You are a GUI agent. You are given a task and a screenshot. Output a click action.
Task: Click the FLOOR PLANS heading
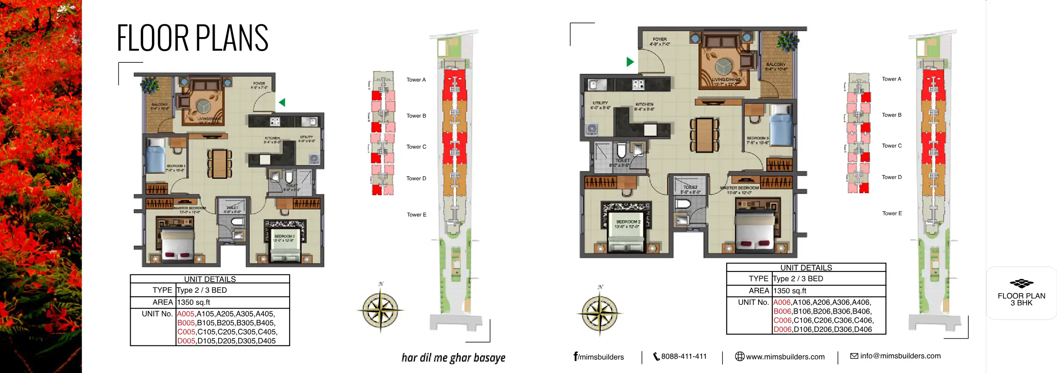[x=192, y=38]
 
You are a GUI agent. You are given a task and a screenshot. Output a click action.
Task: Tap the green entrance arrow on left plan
[x=282, y=102]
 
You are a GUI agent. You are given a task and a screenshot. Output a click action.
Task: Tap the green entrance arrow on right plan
[x=630, y=62]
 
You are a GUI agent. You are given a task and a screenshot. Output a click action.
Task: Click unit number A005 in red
[x=186, y=314]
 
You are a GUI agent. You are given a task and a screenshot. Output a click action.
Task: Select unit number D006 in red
[x=782, y=329]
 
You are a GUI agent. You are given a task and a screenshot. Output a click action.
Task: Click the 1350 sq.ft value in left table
[x=193, y=302]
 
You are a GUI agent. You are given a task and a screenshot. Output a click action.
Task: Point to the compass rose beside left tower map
[x=380, y=310]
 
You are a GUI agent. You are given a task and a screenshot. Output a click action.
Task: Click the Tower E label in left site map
[x=417, y=215]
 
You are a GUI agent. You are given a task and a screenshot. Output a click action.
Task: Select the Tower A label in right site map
[x=891, y=79]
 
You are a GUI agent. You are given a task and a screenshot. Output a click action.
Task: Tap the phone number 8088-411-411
[x=683, y=356]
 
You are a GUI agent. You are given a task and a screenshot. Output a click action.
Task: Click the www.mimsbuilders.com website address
[x=785, y=357]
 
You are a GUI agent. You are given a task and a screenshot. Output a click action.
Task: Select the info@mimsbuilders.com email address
[x=900, y=356]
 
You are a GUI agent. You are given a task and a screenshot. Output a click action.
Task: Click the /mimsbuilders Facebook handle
[x=599, y=357]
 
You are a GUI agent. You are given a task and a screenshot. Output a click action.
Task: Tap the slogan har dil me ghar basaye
[x=453, y=358]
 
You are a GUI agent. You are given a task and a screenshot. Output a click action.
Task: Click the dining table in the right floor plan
[x=705, y=135]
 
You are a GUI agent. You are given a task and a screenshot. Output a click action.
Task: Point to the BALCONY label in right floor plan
[x=776, y=65]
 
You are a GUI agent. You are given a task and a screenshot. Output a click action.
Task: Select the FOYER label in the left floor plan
[x=259, y=83]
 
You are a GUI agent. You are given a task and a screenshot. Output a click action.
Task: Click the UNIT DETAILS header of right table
[x=806, y=268]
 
